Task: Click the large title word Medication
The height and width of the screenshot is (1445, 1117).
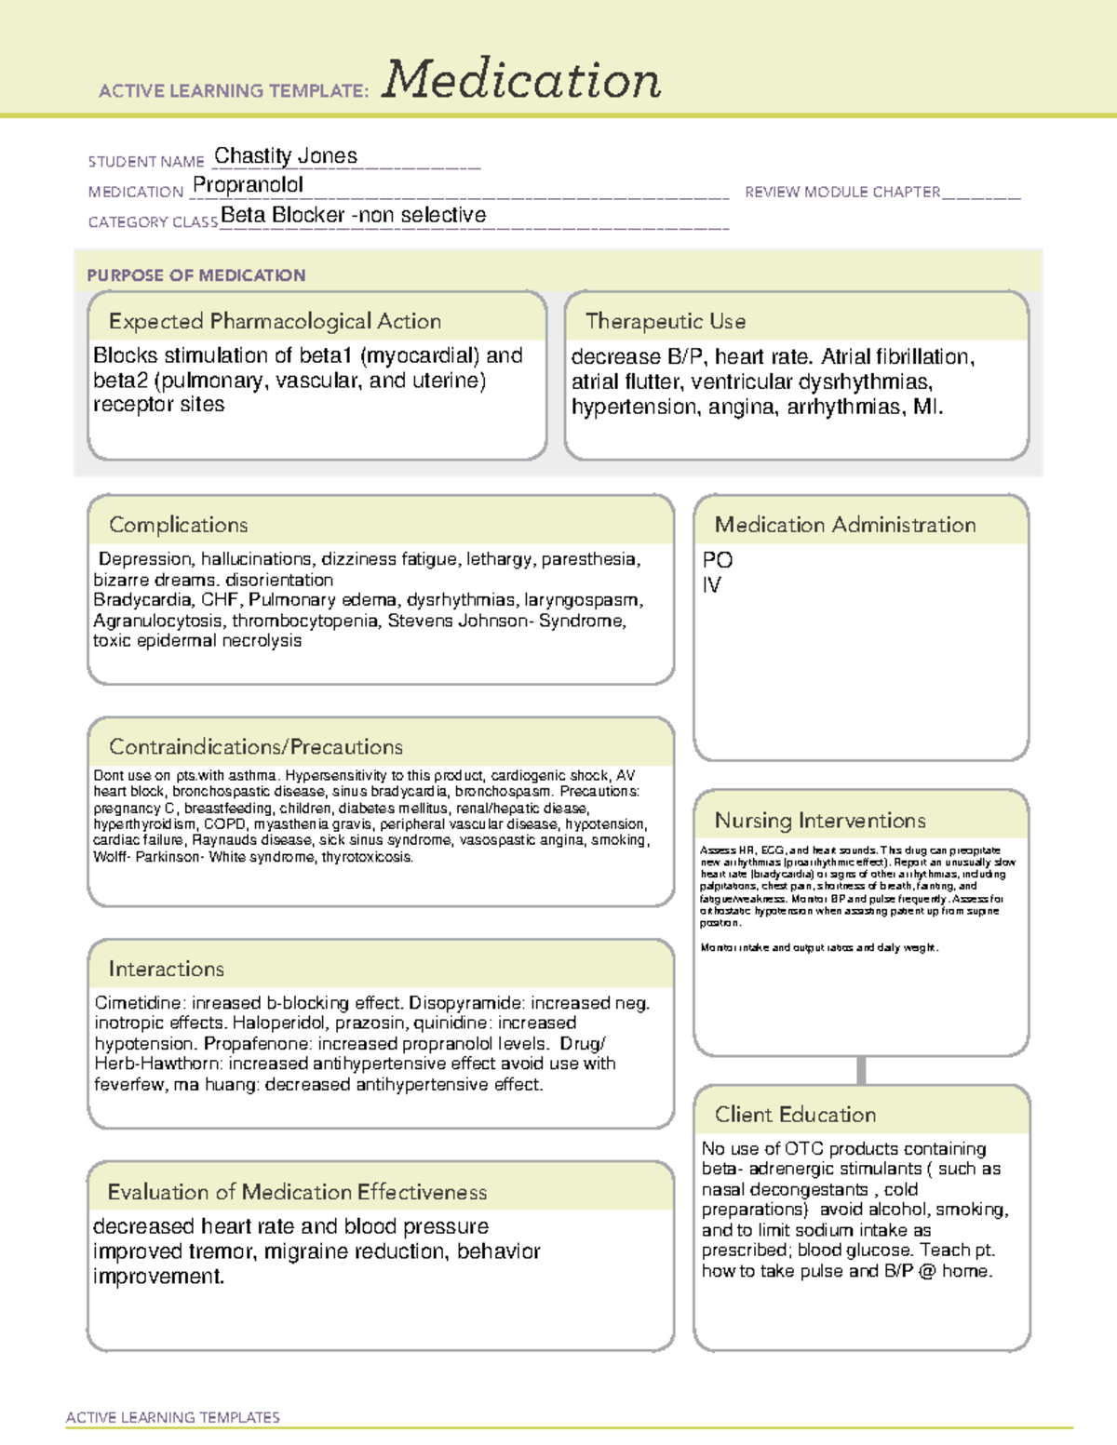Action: pyautogui.click(x=521, y=80)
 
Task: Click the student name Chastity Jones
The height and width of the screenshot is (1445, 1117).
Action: pyautogui.click(x=286, y=156)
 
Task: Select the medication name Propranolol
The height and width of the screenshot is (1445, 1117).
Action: pyautogui.click(x=248, y=185)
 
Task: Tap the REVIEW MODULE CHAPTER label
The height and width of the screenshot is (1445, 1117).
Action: pyautogui.click(x=842, y=192)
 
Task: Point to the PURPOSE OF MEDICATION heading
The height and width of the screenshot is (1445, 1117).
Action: pyautogui.click(x=196, y=275)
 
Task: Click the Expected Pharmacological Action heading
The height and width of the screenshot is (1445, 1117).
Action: pyautogui.click(x=275, y=321)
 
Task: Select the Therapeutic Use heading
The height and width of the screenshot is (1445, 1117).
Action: pyautogui.click(x=666, y=321)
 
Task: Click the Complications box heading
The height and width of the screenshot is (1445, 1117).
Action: pyautogui.click(x=179, y=525)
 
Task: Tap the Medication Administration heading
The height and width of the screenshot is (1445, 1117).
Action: pyautogui.click(x=845, y=525)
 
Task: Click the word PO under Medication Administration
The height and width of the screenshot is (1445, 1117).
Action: pyautogui.click(x=718, y=560)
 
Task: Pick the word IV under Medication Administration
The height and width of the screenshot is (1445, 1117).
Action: pyautogui.click(x=712, y=585)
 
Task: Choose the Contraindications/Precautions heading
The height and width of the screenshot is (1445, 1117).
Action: pyautogui.click(x=256, y=747)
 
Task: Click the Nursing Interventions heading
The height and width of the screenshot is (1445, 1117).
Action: pyautogui.click(x=820, y=821)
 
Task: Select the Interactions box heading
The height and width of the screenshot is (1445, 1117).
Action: pyautogui.click(x=167, y=970)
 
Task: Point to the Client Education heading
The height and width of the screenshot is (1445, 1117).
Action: pyautogui.click(x=796, y=1115)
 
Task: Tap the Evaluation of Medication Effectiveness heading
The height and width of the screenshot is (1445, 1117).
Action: pyautogui.click(x=297, y=1192)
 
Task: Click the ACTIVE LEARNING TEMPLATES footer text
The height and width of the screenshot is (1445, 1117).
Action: pyautogui.click(x=173, y=1417)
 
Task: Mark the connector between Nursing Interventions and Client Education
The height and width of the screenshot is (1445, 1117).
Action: pyautogui.click(x=861, y=1070)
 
